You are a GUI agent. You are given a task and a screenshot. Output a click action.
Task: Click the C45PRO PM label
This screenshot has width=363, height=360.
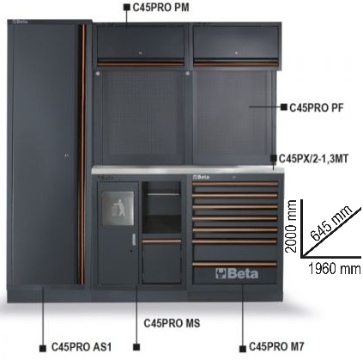(160, 8)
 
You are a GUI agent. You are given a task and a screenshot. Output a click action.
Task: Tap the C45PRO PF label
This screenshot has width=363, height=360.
(317, 108)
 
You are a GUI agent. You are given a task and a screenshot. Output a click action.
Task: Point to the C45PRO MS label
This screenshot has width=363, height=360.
(172, 323)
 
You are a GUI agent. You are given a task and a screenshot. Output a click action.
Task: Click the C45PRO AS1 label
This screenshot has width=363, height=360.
(82, 347)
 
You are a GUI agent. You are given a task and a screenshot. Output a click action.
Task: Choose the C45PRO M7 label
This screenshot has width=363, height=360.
(276, 346)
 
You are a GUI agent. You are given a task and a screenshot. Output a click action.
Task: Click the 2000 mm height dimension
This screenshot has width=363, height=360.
(291, 226)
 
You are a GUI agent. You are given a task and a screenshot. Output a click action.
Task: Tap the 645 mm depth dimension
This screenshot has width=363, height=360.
(331, 223)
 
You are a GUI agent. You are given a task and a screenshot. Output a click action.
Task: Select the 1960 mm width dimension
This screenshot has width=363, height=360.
(334, 269)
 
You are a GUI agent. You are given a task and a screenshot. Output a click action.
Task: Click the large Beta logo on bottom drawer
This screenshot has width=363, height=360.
(237, 274)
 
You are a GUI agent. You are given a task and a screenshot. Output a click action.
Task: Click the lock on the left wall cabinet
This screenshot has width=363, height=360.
(140, 53)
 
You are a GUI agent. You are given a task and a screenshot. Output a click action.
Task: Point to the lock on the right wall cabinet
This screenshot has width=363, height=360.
(236, 53)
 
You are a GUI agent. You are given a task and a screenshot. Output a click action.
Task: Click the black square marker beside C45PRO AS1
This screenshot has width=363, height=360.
(43, 348)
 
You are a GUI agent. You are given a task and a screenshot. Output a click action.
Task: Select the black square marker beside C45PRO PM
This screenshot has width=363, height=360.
(127, 7)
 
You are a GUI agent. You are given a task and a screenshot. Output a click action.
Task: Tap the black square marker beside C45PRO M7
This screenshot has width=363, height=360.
(243, 349)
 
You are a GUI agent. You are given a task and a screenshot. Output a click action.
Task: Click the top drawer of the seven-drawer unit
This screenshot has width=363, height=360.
(235, 186)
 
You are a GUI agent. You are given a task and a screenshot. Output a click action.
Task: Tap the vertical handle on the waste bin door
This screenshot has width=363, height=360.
(133, 240)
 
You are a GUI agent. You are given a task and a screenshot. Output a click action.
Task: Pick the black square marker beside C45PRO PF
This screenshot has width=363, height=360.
(284, 107)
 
